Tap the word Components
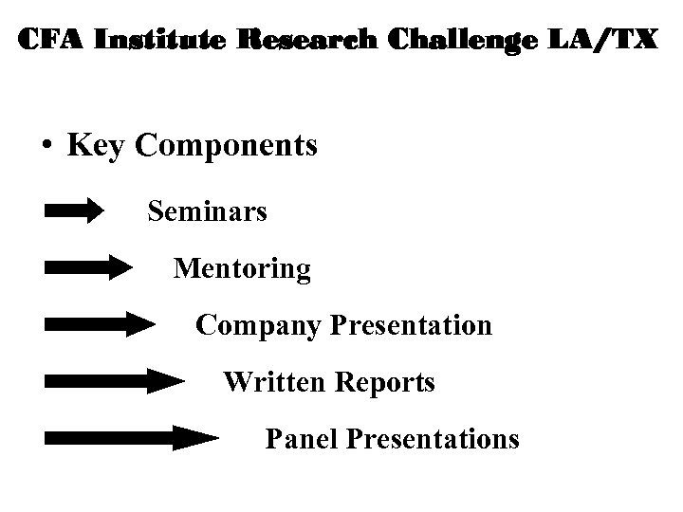[228, 147]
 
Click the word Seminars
[207, 210]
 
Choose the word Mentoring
[242, 269]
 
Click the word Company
[259, 326]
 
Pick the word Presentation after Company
[412, 325]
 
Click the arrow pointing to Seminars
[74, 210]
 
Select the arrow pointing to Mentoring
[88, 268]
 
